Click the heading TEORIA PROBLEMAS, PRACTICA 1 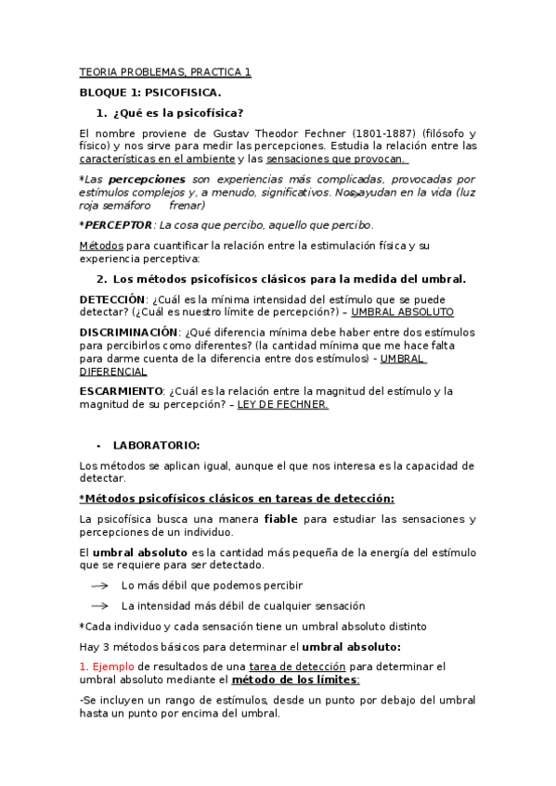pos(164,71)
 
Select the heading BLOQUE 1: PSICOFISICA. pos(149,93)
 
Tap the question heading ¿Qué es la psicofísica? pos(178,113)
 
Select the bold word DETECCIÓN pos(112,299)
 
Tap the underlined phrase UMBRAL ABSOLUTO pos(396,312)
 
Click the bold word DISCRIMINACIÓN pos(128,332)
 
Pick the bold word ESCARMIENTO pos(121,391)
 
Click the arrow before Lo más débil pos(99,586)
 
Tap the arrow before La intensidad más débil pos(99,606)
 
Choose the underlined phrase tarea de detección pos(297,666)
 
